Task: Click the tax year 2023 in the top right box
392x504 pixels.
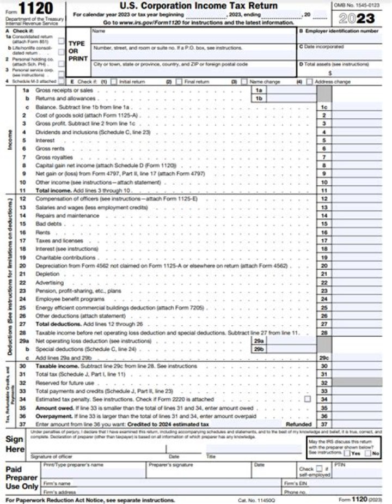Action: tap(357, 19)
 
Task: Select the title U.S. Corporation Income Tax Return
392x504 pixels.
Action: tap(198, 6)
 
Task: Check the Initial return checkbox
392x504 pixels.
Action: tap(113, 82)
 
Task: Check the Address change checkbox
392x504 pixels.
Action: tap(309, 82)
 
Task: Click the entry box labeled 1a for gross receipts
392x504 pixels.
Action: tap(260, 90)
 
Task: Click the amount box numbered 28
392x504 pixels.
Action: tap(324, 332)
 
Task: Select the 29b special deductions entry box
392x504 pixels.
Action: tap(260, 349)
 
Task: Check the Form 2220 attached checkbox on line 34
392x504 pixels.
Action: tap(308, 399)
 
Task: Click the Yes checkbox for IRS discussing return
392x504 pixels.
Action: tap(348, 453)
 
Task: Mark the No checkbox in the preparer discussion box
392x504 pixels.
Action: tap(368, 453)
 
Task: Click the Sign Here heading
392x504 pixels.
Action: tap(15, 444)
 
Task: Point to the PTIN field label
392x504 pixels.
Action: tap(340, 465)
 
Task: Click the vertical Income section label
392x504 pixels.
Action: tap(10, 139)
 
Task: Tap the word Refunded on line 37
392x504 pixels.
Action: tap(299, 423)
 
